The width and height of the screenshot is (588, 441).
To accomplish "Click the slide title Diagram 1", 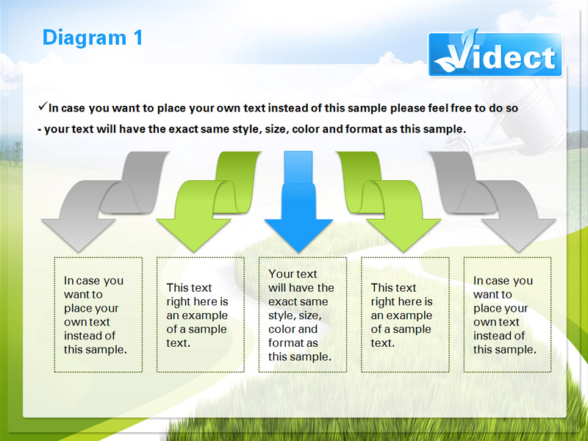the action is pyautogui.click(x=93, y=38).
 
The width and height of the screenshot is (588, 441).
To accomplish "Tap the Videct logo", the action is pyautogui.click(x=495, y=54).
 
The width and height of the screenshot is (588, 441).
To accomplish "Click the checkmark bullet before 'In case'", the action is pyautogui.click(x=43, y=107).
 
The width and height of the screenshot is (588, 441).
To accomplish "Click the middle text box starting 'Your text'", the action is pyautogui.click(x=302, y=315).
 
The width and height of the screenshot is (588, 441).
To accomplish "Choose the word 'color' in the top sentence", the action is pyautogui.click(x=306, y=129).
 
